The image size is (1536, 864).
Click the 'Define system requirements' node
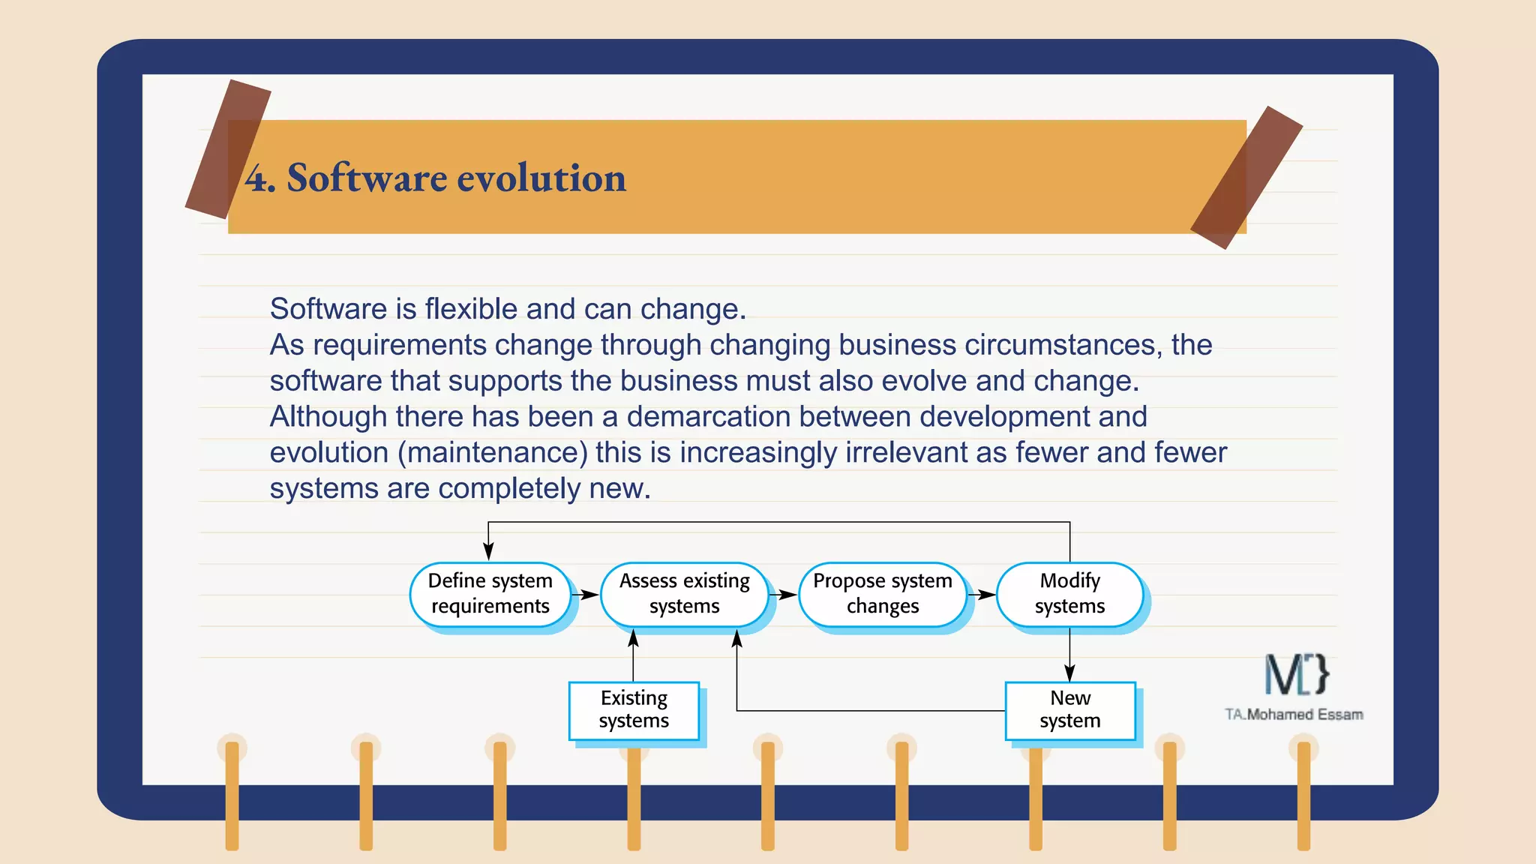(490, 593)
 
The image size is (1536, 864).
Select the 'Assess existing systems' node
(684, 593)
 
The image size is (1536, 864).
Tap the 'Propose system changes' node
(882, 593)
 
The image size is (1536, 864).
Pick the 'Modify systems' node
(1069, 593)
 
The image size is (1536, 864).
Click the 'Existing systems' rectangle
(634, 709)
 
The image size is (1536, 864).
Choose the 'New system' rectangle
(1069, 709)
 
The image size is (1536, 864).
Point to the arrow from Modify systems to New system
(1069, 655)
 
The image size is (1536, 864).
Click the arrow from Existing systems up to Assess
(633, 655)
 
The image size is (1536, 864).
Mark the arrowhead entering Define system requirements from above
(488, 551)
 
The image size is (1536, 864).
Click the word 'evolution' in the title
(541, 178)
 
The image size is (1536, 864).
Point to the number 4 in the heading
(256, 178)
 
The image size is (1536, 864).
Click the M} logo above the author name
(1296, 673)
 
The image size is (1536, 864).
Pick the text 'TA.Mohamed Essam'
(1294, 714)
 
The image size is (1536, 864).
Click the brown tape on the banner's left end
(227, 148)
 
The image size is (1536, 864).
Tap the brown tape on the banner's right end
(1246, 178)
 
